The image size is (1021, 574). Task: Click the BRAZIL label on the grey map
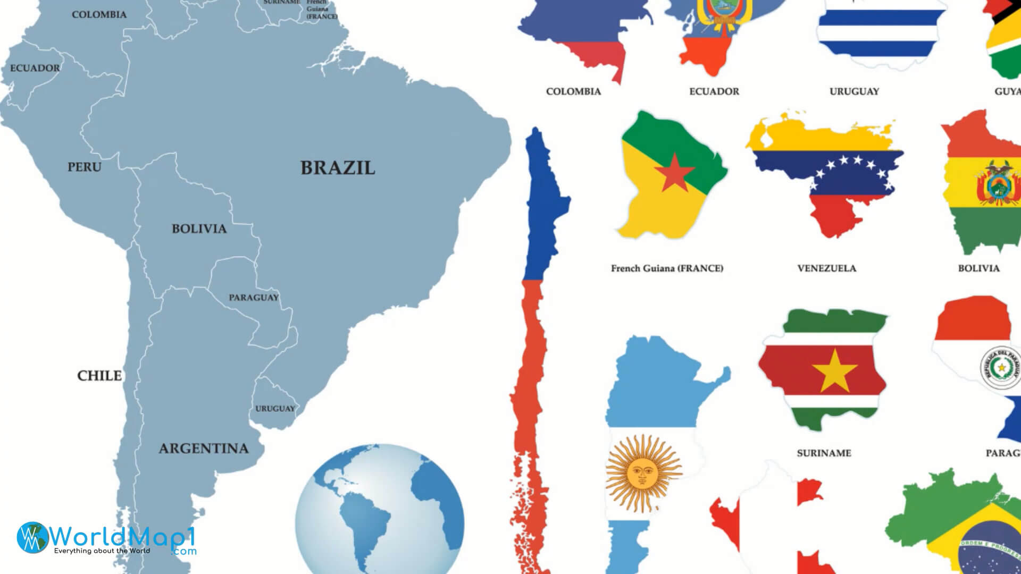(338, 168)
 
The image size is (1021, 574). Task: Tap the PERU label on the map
(84, 167)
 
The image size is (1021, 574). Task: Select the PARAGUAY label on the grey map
(254, 298)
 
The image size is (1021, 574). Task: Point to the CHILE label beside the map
(99, 376)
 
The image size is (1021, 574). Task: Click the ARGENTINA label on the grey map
(204, 449)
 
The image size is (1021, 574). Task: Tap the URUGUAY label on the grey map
(275, 409)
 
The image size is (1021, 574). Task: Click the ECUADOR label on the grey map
(35, 68)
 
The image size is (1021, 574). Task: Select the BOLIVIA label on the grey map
(199, 229)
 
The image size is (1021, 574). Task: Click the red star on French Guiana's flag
(674, 173)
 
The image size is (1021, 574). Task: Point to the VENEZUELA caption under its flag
(826, 268)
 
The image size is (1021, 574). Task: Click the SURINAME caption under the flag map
(824, 453)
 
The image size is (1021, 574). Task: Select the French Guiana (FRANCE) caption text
(667, 268)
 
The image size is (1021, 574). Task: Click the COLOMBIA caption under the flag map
(573, 91)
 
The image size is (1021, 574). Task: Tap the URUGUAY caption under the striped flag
(854, 91)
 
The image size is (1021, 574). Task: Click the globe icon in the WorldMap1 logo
(32, 537)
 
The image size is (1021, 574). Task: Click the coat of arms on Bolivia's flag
(998, 183)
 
